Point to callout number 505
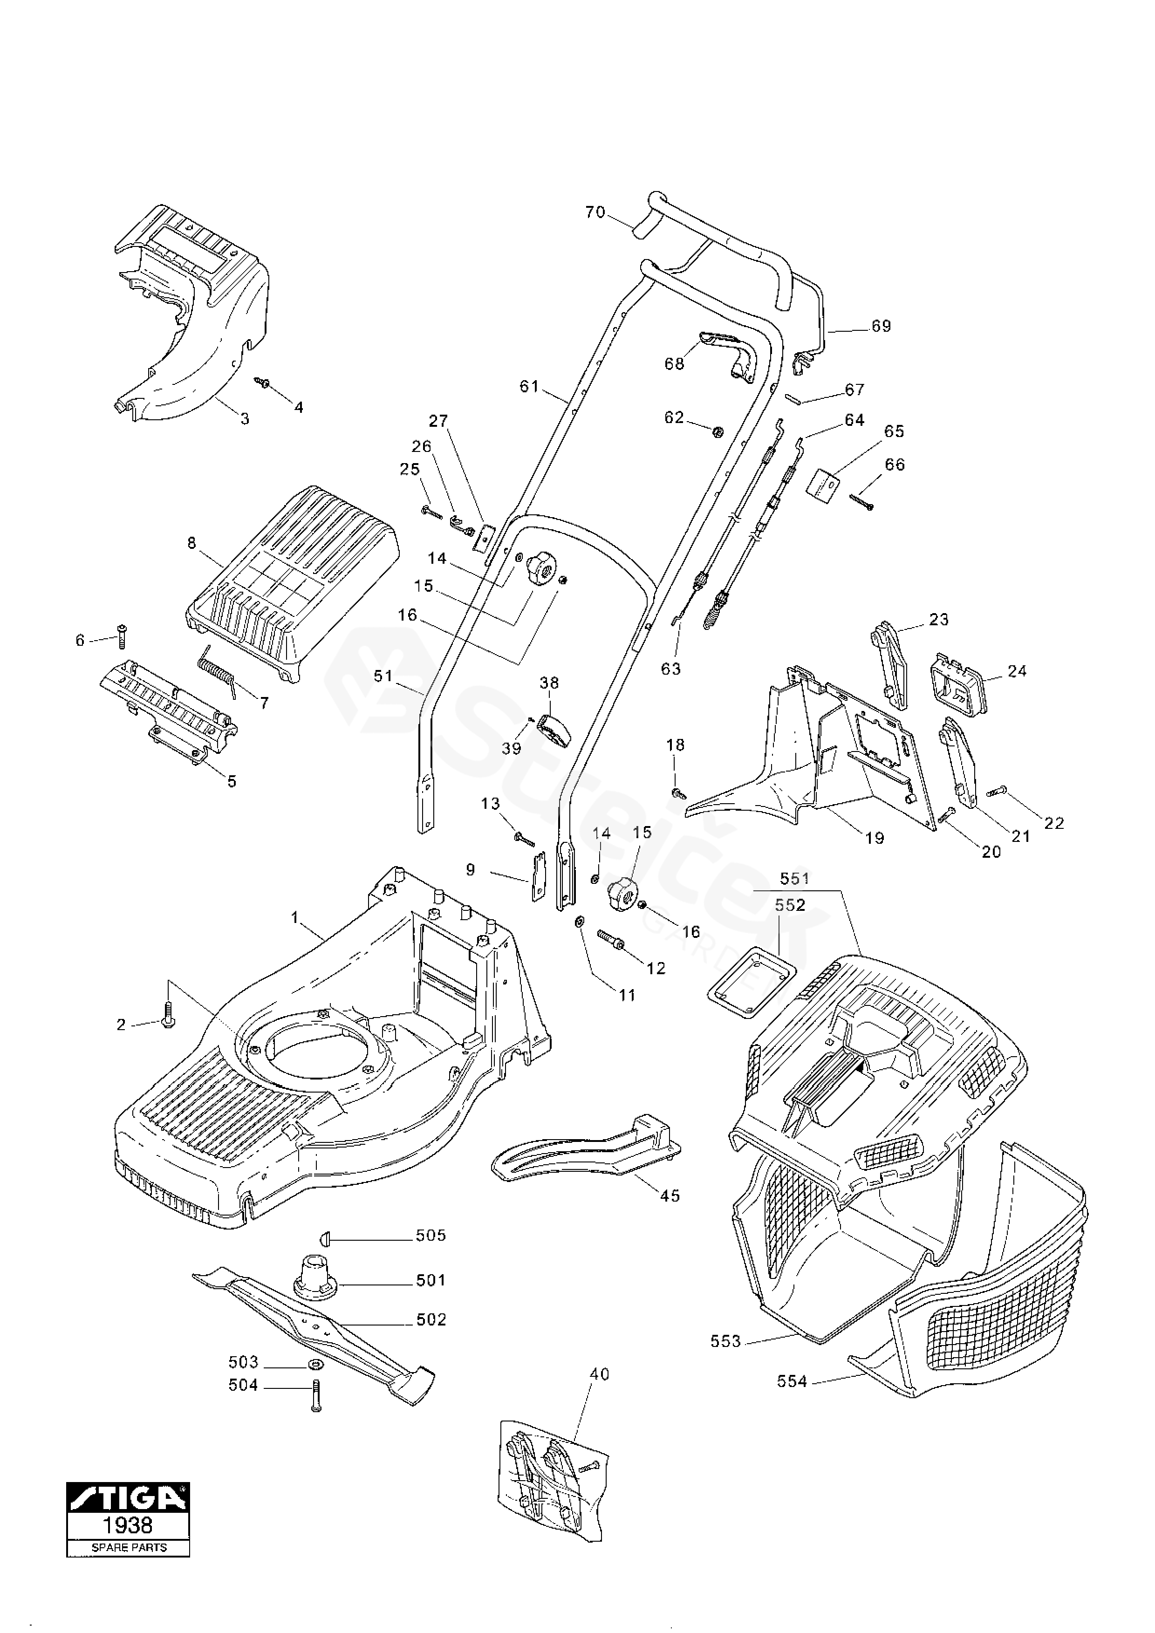[431, 1236]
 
